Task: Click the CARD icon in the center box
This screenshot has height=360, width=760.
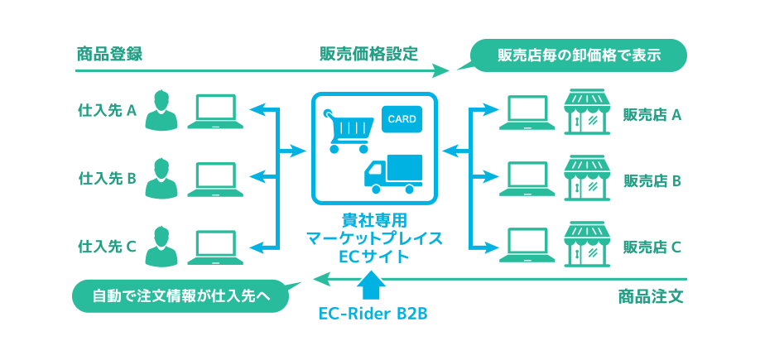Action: tap(402, 119)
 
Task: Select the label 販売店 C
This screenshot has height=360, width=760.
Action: tap(652, 247)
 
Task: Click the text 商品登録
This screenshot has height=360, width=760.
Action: tap(109, 55)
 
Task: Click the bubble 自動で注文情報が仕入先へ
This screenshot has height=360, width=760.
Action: tap(182, 295)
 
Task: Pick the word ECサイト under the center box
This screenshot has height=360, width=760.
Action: tap(374, 257)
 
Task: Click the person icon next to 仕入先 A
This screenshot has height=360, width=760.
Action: tap(162, 111)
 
